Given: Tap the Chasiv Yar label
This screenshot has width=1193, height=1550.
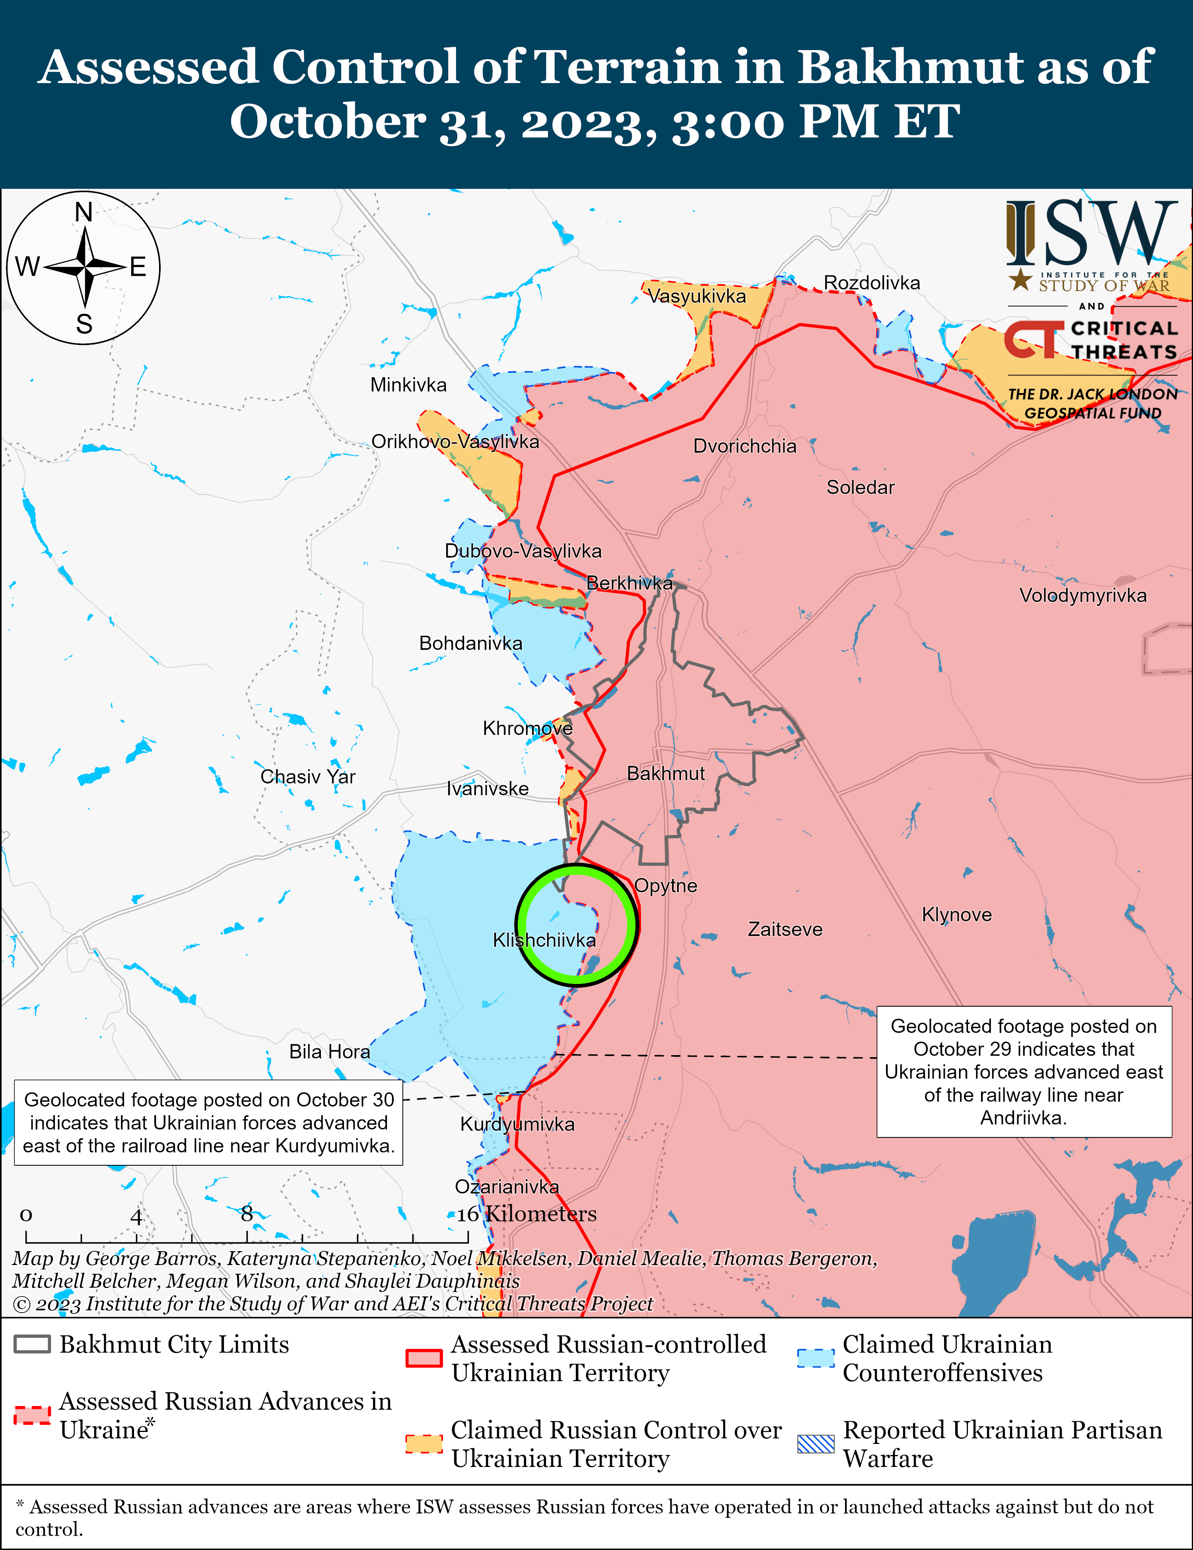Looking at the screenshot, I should [x=307, y=777].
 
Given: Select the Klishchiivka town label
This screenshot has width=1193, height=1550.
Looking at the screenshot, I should [x=544, y=940].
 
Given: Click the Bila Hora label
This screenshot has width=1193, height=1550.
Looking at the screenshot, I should [x=329, y=1052].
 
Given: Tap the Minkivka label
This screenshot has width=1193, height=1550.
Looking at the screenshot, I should [x=408, y=386].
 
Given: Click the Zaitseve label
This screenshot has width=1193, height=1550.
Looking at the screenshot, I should [x=785, y=930].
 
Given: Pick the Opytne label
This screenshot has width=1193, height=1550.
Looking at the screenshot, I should [x=665, y=886].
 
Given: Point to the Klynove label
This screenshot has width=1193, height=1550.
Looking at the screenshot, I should [x=956, y=915].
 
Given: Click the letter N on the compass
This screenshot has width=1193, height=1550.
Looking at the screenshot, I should [x=84, y=212].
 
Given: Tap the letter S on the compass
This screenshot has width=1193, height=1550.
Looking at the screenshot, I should [x=84, y=324].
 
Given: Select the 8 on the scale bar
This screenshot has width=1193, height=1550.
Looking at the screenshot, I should [x=247, y=1214].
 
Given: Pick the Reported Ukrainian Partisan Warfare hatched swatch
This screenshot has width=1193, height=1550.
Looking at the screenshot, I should [x=815, y=1444].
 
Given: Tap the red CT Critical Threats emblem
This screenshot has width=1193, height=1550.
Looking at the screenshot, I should [x=1033, y=340].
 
